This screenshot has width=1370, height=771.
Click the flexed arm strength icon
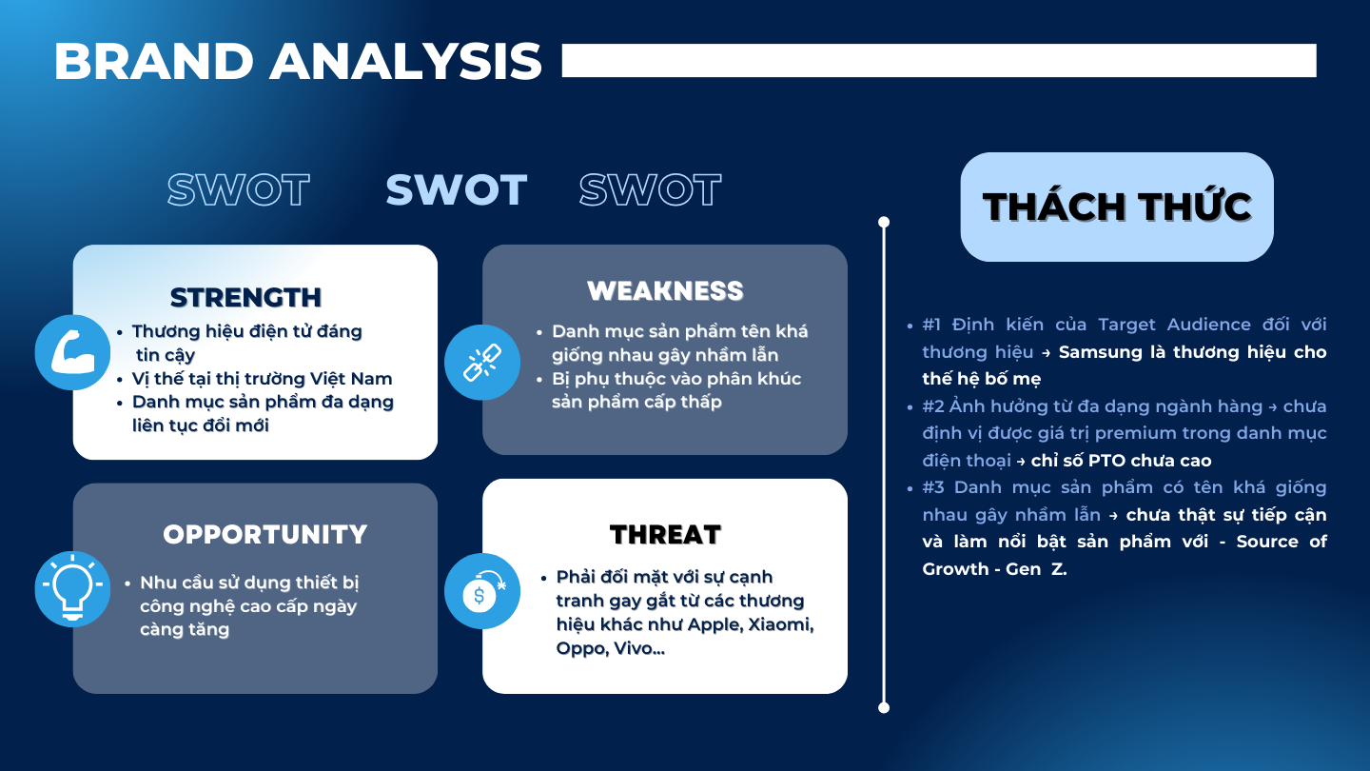(72, 352)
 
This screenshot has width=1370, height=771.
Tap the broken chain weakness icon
(482, 363)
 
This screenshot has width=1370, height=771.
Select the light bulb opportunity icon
(72, 589)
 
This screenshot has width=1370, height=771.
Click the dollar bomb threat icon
(482, 591)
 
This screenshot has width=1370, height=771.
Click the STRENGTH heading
(245, 298)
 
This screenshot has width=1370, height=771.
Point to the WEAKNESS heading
(665, 290)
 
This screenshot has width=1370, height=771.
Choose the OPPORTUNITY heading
(265, 534)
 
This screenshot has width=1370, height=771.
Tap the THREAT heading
(665, 534)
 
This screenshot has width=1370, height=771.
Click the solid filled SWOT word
(457, 189)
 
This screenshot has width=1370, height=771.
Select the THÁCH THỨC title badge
(1117, 207)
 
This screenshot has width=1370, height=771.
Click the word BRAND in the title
(153, 61)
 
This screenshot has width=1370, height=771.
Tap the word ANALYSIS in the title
(405, 61)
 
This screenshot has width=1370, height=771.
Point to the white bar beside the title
(939, 61)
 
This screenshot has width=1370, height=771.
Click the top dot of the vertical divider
(884, 222)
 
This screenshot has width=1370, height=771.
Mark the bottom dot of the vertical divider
(884, 708)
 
